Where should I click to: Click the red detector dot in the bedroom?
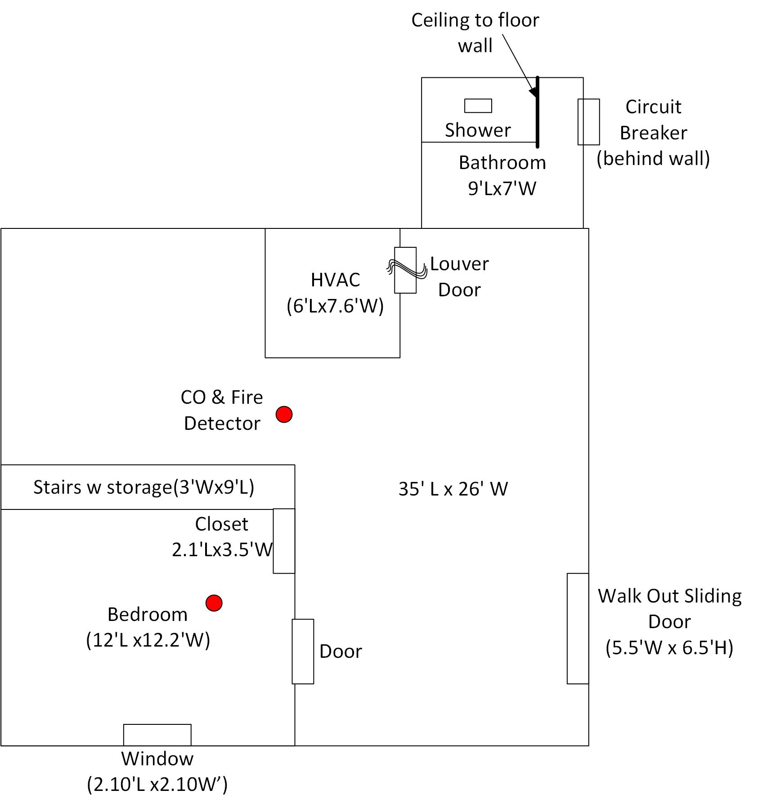coord(214,603)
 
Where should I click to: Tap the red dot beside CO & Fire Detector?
coord(284,414)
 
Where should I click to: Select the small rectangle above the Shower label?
coord(478,106)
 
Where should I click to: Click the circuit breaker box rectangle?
coord(588,122)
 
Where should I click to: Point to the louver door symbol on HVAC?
coord(405,270)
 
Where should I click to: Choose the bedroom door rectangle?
coord(303,652)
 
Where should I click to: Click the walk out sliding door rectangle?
coord(578,629)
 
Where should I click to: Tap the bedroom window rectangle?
coord(157,735)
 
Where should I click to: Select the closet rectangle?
coord(284,541)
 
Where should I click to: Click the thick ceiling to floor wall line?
coord(537,112)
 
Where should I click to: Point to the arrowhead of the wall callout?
coord(534,93)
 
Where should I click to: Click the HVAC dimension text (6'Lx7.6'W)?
coord(335,306)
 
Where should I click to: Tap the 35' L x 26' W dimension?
coord(453,489)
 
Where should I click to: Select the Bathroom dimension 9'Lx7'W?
coord(502,188)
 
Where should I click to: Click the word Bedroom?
coord(148,615)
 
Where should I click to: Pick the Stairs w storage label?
coord(144,487)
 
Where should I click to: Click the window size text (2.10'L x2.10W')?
coord(157,784)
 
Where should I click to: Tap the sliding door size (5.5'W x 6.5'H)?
coord(669,648)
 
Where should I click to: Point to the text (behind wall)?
coord(653,158)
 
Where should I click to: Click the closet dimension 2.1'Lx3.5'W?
coord(222,549)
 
